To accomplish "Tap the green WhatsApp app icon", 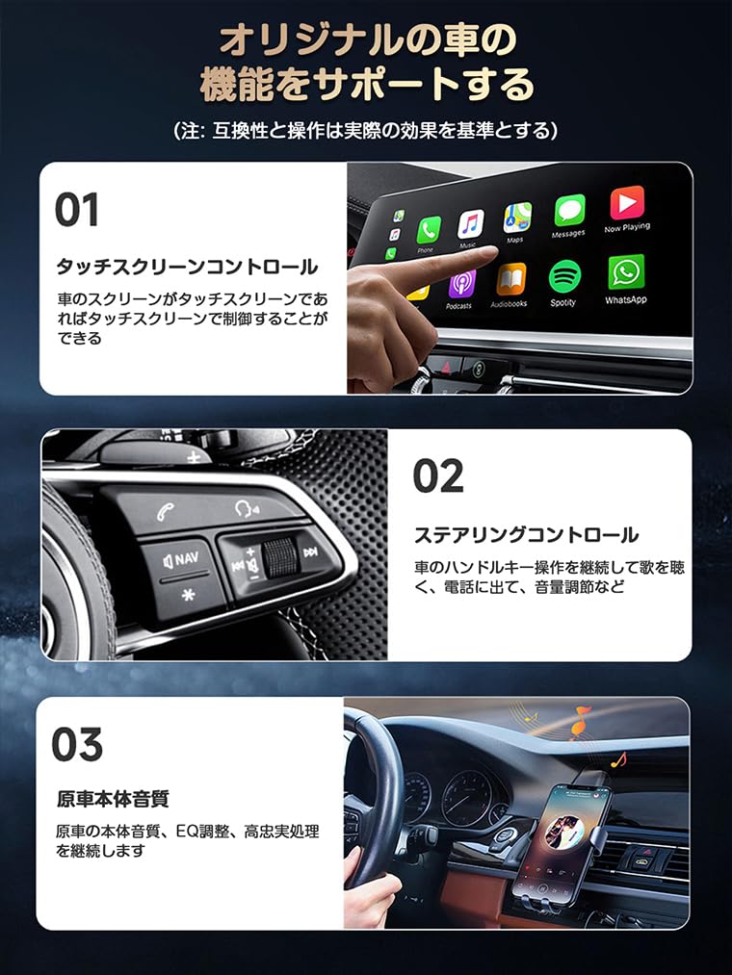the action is (x=625, y=273).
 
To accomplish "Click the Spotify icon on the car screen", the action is (x=564, y=276).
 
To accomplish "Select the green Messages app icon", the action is (x=569, y=211).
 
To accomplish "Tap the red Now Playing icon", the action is (x=627, y=203).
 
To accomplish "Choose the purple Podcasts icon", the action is (x=462, y=285).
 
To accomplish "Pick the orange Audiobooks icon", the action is (x=511, y=280).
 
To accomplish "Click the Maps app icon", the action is (x=517, y=218).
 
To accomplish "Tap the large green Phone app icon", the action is (x=429, y=231).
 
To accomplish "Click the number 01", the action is (x=76, y=210).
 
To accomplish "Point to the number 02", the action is (x=438, y=475).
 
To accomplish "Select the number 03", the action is (x=77, y=744).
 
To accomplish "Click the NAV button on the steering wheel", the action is (x=180, y=560).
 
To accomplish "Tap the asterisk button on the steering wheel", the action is (x=188, y=596).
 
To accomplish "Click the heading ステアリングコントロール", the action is (x=527, y=535).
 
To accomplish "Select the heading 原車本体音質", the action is (x=113, y=799).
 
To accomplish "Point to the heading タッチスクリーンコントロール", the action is (x=187, y=267).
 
